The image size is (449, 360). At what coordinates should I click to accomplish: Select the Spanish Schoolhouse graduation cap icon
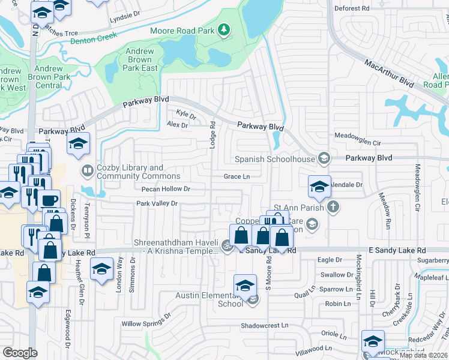point(324,158)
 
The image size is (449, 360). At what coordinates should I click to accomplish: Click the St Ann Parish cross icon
point(333,208)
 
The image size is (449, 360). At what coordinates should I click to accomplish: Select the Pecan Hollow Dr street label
point(166,189)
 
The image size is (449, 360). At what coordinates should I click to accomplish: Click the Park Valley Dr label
point(158,203)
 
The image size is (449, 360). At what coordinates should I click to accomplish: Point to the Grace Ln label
point(237,176)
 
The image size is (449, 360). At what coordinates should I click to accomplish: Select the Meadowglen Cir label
point(358,143)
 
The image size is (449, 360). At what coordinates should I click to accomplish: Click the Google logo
point(20,353)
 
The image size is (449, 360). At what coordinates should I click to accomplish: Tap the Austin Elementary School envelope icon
point(253,299)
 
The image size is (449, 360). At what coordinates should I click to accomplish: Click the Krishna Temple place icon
point(226,245)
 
